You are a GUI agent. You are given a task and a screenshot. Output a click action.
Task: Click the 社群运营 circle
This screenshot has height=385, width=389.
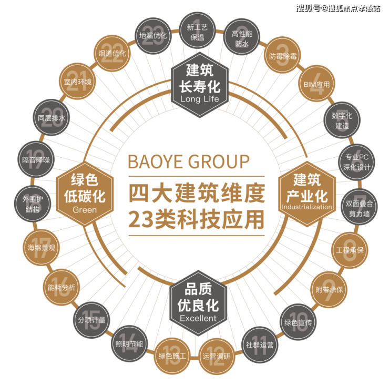tap(259, 345)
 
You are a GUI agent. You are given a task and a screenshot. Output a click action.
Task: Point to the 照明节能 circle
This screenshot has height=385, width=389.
tap(128, 345)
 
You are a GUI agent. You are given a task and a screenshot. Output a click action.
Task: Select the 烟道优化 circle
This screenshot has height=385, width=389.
tap(111, 54)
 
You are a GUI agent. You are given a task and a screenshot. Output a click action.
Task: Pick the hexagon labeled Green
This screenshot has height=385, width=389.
tap(85, 192)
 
